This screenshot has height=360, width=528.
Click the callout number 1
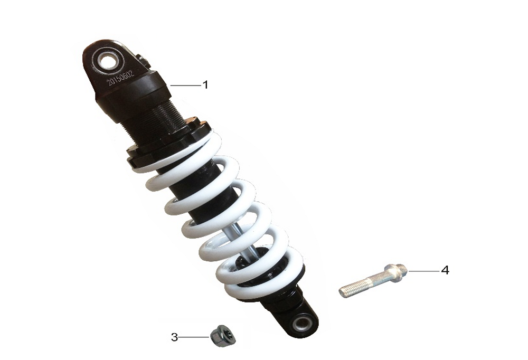coord(205,84)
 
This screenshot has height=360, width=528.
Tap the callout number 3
coord(174,337)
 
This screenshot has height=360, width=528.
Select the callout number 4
coord(445,270)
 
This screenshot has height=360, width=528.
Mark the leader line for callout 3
coord(194,337)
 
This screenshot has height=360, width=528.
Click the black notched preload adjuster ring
coord(167,143)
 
